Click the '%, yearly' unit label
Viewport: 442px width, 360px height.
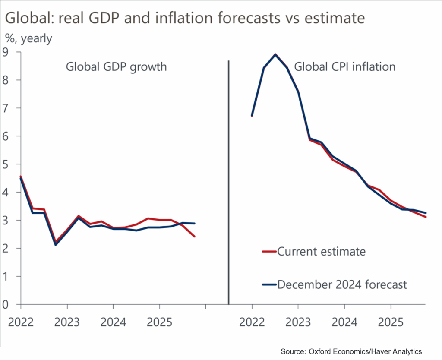[28, 38]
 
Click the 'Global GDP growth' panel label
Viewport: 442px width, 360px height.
[116, 67]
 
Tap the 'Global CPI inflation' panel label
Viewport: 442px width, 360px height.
[345, 67]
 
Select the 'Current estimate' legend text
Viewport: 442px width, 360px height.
[321, 252]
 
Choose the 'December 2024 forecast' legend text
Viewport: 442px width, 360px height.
[342, 285]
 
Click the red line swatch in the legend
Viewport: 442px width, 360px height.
[269, 252]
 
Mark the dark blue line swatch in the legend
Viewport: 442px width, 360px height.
[269, 285]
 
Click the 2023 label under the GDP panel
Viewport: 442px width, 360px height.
[67, 322]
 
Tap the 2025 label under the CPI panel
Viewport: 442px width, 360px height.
[391, 322]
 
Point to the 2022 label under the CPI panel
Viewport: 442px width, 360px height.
[252, 322]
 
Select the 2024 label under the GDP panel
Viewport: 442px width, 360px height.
[113, 322]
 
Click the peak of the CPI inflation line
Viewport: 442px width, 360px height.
[275, 54]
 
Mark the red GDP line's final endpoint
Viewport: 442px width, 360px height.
[195, 237]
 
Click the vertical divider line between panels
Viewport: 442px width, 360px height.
[228, 181]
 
